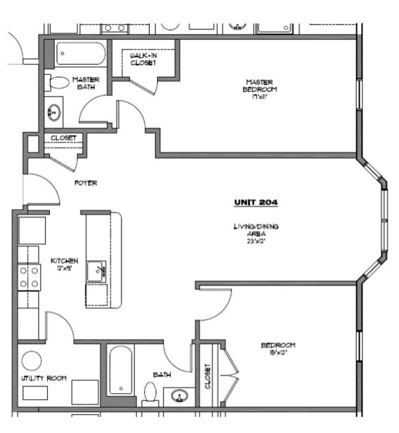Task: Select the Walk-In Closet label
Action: coord(142,58)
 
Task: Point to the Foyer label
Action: coord(86,183)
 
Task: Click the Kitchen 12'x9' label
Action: coord(64,264)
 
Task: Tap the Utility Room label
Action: coord(44,378)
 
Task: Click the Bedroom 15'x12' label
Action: coord(278,348)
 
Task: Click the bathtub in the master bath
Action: coord(80,56)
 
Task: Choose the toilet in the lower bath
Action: coord(150,393)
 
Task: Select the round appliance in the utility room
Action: coord(30,359)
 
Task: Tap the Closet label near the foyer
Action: coord(63,138)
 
